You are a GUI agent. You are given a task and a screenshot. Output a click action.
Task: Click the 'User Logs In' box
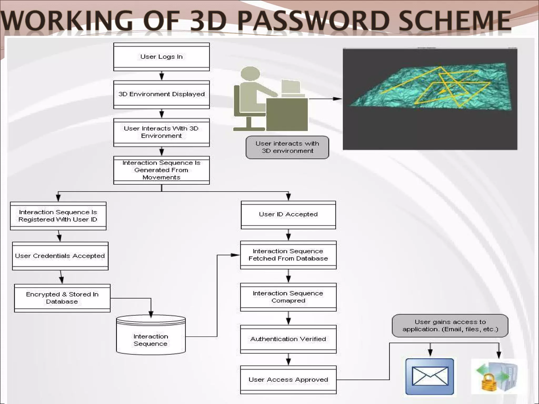pyautogui.click(x=161, y=57)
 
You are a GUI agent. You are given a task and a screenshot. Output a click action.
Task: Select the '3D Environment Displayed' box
pyautogui.click(x=161, y=94)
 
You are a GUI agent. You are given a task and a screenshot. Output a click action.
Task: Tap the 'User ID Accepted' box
pyautogui.click(x=288, y=215)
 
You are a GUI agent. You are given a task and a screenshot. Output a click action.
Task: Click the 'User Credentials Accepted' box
pyautogui.click(x=60, y=256)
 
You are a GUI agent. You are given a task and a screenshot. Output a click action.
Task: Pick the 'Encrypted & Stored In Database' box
pyautogui.click(x=62, y=298)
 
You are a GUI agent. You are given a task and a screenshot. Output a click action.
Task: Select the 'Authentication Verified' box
pyautogui.click(x=288, y=339)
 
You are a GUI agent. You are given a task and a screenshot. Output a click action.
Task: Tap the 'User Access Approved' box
pyautogui.click(x=288, y=380)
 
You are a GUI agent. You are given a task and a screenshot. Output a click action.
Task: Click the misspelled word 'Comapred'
pyautogui.click(x=288, y=301)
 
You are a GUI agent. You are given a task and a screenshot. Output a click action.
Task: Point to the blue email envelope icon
pyautogui.click(x=430, y=376)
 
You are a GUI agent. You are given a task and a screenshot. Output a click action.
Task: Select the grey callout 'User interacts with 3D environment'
pyautogui.click(x=287, y=147)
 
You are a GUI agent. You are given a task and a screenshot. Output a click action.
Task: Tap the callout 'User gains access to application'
pyautogui.click(x=450, y=326)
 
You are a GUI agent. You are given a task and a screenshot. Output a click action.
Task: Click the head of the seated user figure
pyautogui.click(x=250, y=74)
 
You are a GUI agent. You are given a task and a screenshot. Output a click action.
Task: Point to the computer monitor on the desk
pyautogui.click(x=291, y=87)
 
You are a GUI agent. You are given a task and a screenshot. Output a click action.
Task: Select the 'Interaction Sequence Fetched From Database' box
pyautogui.click(x=288, y=255)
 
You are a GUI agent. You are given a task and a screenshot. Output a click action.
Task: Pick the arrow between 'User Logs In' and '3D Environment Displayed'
pyautogui.click(x=162, y=76)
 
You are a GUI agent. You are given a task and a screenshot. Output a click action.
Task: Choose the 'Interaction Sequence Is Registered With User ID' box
pyautogui.click(x=58, y=216)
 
